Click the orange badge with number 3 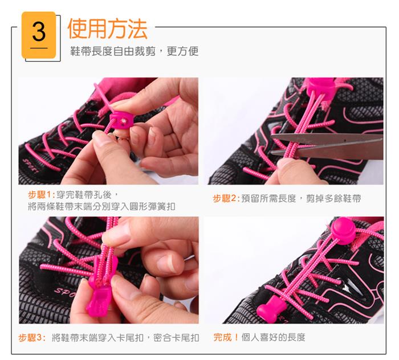tap(39, 35)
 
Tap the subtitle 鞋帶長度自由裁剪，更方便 tap(135, 51)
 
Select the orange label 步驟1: tap(42, 195)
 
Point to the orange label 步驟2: tap(226, 198)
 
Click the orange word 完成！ tap(226, 337)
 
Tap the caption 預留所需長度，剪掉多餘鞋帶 tap(302, 198)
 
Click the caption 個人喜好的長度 tap(273, 337)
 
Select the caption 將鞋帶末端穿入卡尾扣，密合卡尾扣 tap(125, 338)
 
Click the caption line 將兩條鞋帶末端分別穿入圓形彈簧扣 tap(101, 206)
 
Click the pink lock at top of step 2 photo tap(321, 87)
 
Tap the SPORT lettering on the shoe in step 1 tap(31, 165)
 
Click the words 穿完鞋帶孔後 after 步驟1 tap(84, 195)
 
